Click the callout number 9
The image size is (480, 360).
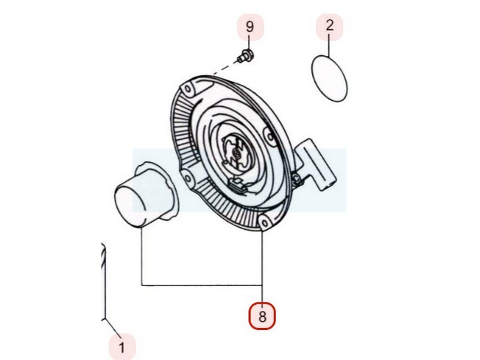(250, 26)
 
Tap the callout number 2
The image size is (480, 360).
(329, 26)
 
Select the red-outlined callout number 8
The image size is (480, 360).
(262, 316)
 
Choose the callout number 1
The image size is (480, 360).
(122, 346)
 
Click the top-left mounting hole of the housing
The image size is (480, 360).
(190, 91)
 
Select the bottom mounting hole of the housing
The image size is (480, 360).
(263, 224)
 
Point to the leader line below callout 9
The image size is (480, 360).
(249, 46)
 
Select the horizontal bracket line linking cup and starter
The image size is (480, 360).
(201, 284)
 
